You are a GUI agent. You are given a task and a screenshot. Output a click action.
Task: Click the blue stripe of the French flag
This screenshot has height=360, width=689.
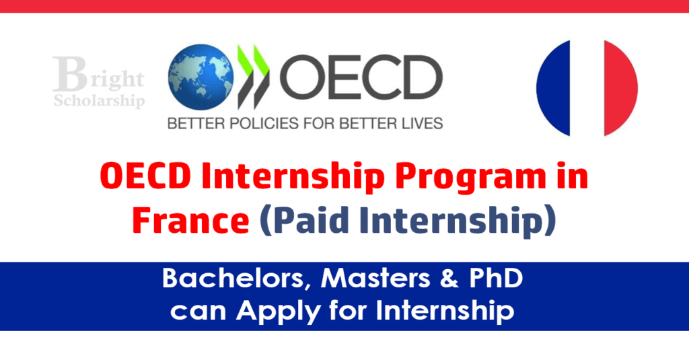click(553, 87)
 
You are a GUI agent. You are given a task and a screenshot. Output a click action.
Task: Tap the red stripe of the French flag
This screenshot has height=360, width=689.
click(620, 87)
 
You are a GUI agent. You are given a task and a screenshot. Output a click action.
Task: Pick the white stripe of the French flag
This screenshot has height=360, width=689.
click(587, 87)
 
